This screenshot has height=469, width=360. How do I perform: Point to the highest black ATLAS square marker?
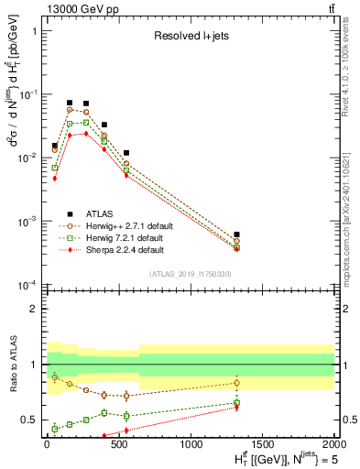(x=70, y=104)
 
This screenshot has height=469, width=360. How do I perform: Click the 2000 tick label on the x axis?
(x=333, y=443)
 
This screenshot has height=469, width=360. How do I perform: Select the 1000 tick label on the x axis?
(x=191, y=443)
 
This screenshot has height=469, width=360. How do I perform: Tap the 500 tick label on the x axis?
(x=118, y=443)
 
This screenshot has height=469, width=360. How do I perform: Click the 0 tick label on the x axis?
(x=47, y=443)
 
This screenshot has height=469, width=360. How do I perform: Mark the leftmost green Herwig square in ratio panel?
(x=55, y=428)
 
